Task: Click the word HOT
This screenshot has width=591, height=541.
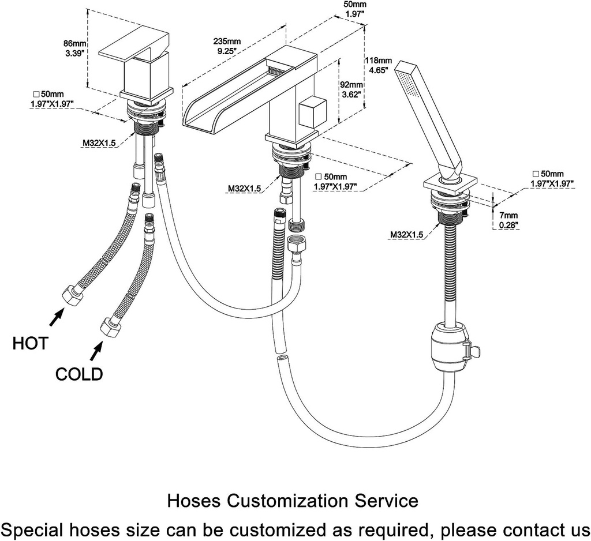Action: click(31, 344)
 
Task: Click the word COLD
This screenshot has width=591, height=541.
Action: click(79, 374)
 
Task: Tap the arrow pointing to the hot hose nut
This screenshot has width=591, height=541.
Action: click(56, 315)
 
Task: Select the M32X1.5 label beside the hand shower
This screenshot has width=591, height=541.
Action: click(407, 234)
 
